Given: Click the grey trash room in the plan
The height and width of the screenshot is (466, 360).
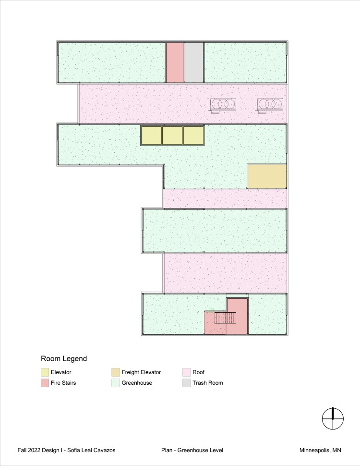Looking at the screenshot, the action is point(194,62).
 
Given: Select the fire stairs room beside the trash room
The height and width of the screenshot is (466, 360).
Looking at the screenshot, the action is point(175,62).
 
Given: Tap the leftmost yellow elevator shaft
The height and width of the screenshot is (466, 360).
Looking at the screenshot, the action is point(151,135).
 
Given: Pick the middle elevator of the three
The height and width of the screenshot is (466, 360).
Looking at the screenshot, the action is point(173,135).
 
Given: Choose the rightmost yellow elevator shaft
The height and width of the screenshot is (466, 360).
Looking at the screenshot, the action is point(193,135).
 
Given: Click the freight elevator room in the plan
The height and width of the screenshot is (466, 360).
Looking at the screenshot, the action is point(267,176).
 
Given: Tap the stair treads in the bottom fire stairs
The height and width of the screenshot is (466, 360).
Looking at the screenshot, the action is point(225,318).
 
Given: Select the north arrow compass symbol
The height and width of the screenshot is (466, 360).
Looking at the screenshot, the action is point(333,418).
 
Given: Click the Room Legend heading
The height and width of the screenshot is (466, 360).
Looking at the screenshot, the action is point(64,358).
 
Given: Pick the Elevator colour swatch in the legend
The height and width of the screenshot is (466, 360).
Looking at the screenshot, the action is point(45,372).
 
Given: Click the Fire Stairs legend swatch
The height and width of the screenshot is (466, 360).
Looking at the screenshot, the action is point(45,383).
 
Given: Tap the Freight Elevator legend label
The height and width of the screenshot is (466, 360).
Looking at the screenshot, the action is point(141,372).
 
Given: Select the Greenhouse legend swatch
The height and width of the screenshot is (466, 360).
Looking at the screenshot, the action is point(116,383).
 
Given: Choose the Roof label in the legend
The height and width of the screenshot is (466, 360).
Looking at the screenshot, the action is point(198,372).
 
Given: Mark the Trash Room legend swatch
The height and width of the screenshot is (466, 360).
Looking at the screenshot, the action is point(186,383).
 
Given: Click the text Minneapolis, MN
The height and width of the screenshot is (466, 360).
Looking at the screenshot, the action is point(320,450).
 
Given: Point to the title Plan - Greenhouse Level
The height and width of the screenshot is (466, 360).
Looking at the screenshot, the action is point(192,450).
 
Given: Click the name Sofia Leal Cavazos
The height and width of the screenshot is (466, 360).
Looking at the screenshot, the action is point(91,450).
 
